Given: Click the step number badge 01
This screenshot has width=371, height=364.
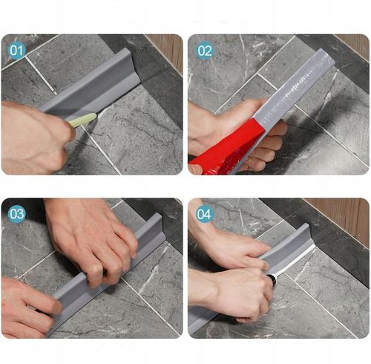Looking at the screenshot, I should point(16,51).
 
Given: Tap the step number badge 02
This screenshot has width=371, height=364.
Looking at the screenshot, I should point(204,51).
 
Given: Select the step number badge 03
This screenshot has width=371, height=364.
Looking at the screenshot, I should point(16,215).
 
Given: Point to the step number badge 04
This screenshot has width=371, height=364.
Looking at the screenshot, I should point(204,215).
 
